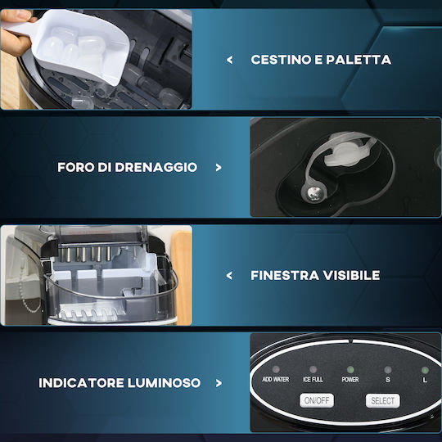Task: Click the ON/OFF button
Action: tap(317, 400)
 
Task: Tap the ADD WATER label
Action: tap(275, 380)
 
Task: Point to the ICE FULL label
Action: tap(313, 380)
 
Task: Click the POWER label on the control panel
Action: tap(350, 380)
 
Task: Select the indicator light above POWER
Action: tap(350, 369)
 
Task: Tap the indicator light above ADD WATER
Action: tap(276, 369)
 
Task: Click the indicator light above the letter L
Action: tap(425, 370)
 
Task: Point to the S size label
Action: tap(388, 380)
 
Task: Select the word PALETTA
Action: tap(359, 60)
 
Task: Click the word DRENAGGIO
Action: tap(156, 167)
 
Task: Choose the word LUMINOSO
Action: tap(164, 383)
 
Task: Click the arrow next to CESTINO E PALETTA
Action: tap(230, 60)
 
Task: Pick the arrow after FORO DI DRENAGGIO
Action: tap(219, 168)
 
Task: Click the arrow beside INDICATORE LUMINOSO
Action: tap(219, 383)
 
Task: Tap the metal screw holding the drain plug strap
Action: tap(313, 192)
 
